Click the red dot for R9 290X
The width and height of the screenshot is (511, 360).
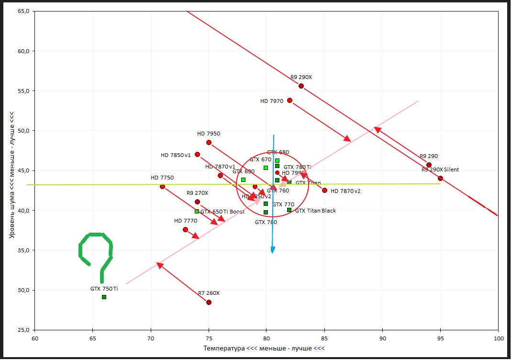[x=301, y=86]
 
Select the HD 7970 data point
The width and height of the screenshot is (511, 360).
[x=289, y=101]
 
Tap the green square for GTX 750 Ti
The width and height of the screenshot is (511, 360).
[x=104, y=297]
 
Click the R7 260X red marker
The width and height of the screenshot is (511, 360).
[x=209, y=303]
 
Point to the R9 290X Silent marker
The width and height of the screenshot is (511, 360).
[x=440, y=179]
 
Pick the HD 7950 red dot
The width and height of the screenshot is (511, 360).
[x=209, y=143]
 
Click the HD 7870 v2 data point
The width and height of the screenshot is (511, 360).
[x=324, y=191]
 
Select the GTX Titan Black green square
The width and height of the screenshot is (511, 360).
[x=289, y=210]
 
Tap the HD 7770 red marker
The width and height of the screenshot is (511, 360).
[x=185, y=230]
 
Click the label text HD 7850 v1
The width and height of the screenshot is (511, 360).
[x=176, y=155]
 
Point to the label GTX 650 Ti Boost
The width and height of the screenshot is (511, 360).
[x=222, y=212]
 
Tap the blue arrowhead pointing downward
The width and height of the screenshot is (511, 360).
[x=273, y=250]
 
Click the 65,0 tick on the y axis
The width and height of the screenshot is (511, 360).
[x=22, y=11]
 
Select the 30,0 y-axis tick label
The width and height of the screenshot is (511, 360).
[x=22, y=290]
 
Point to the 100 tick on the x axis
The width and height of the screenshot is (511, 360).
[x=498, y=338]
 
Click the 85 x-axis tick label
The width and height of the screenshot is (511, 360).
[x=324, y=338]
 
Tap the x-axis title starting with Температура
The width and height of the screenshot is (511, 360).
[x=264, y=348]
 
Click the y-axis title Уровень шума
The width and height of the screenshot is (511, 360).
[x=12, y=175]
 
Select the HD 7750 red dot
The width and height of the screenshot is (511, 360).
[x=162, y=187]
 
